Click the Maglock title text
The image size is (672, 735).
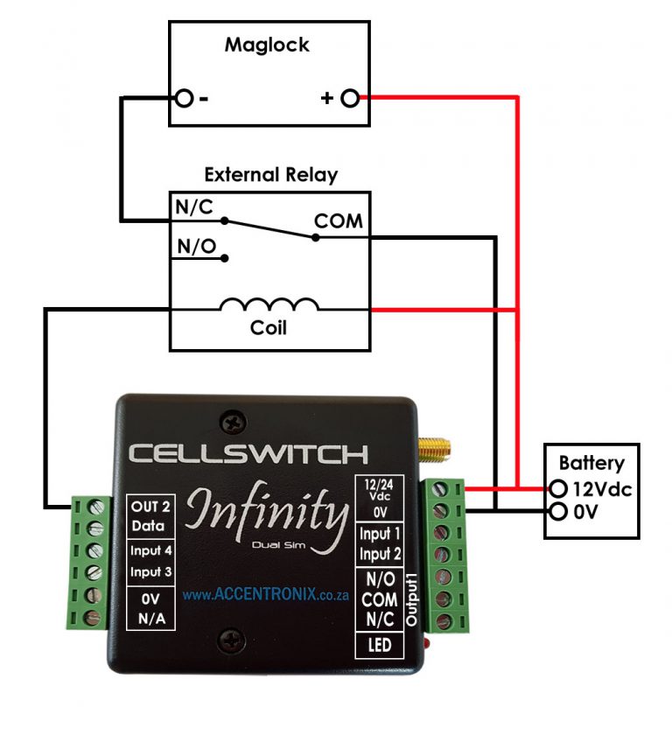click(267, 45)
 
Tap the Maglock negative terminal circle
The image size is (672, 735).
click(184, 98)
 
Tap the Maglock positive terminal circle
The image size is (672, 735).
click(350, 98)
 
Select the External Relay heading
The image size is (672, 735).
click(270, 175)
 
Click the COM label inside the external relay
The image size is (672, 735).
click(339, 221)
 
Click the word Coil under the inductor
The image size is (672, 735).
click(269, 330)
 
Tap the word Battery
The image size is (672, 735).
click(591, 463)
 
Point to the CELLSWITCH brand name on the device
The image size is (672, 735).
click(248, 454)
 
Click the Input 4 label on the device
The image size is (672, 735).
click(151, 550)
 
